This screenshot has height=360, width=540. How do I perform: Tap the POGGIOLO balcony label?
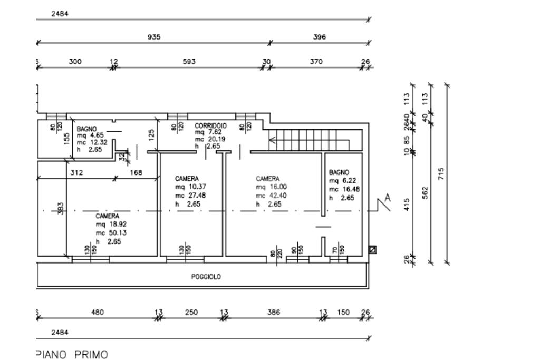coord(206,276)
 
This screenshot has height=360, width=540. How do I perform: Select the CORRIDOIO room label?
coord(210,127)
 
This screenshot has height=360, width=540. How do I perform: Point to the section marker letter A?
coord(388,198)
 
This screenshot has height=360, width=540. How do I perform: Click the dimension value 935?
coord(154,37)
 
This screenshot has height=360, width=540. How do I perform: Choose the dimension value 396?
coord(320,37)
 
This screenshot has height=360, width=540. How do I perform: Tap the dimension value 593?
coord(189,62)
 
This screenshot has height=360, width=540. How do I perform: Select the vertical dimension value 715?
coord(442,173)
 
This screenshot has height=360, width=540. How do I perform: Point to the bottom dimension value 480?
coord(98,312)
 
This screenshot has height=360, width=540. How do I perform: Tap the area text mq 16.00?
coord(271,187)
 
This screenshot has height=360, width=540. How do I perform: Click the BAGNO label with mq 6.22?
coord(339,172)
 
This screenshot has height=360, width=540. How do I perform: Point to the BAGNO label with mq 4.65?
coord(86,129)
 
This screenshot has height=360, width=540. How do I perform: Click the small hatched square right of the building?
coord(373,249)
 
